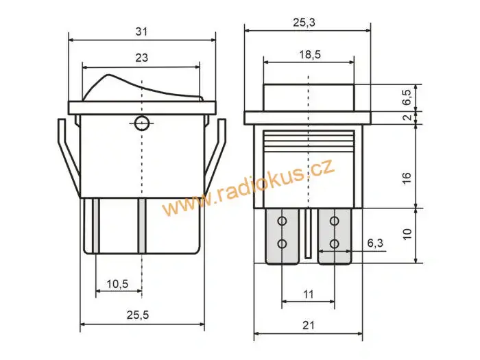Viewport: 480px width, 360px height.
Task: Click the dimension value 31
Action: click(141, 31)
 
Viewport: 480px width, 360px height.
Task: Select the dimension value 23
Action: click(141, 58)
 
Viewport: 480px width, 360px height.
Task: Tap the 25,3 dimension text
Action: click(308, 22)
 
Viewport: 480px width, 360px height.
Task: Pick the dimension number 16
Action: click(407, 177)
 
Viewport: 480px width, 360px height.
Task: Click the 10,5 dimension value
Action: click(117, 283)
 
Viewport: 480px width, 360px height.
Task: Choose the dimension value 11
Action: click(308, 293)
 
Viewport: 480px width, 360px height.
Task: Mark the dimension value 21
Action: click(308, 325)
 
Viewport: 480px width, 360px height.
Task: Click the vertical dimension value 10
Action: click(407, 235)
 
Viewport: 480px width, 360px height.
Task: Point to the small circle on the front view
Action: click(142, 123)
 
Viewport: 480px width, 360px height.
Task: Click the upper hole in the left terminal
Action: click(281, 221)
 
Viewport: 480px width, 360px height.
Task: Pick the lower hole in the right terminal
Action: click(334, 243)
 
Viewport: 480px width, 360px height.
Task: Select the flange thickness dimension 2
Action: click(407, 118)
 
